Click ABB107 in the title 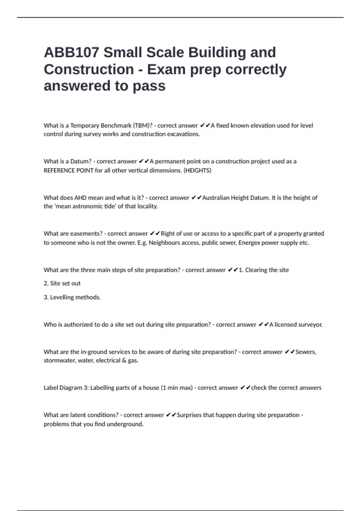(71, 52)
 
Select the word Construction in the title (89, 69)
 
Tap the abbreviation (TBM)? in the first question (143, 125)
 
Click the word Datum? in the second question (81, 161)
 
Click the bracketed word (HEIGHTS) (197, 170)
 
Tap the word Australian (215, 198)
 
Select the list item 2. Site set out (62, 283)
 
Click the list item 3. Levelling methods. (72, 297)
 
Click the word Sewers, (306, 352)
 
